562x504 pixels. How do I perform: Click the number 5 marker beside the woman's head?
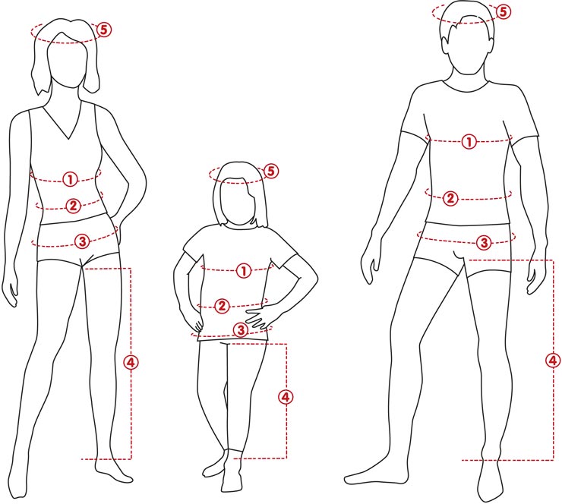[x=104, y=30]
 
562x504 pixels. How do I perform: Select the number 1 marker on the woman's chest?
[x=70, y=179]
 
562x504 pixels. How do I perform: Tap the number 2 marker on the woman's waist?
[x=73, y=206]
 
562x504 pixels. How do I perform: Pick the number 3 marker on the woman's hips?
[x=83, y=241]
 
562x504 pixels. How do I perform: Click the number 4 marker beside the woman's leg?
[x=131, y=363]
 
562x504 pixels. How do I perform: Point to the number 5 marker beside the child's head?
[x=271, y=171]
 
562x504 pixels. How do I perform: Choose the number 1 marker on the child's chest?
[x=244, y=270]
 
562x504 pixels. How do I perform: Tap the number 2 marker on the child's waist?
[x=222, y=306]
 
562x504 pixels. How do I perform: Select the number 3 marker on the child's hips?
[x=241, y=330]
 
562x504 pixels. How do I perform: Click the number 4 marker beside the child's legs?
[x=286, y=397]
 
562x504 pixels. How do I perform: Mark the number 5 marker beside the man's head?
[x=504, y=12]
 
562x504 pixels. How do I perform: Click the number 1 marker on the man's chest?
[x=469, y=142]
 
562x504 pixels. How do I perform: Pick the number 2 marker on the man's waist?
[x=450, y=198]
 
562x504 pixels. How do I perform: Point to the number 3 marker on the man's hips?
[x=485, y=242]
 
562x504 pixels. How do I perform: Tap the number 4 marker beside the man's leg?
[x=553, y=361]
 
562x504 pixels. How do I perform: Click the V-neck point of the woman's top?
[x=68, y=139]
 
